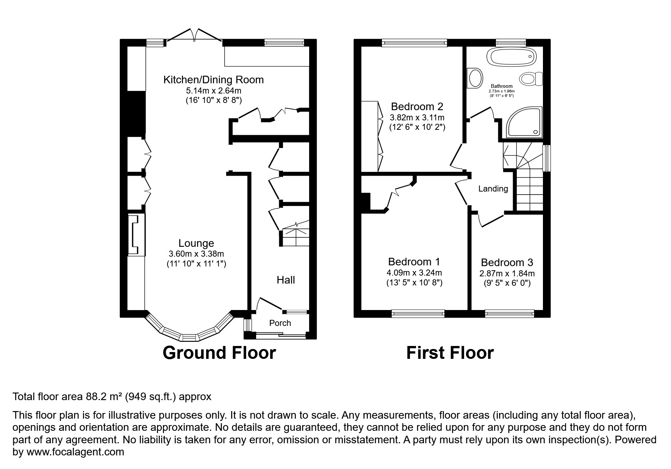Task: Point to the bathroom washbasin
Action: (475, 78)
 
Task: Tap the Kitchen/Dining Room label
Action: (213, 80)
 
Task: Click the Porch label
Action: (280, 323)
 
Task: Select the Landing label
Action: (493, 189)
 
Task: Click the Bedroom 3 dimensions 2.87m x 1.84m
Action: (507, 273)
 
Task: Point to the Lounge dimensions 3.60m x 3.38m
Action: (196, 254)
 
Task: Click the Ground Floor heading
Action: (219, 352)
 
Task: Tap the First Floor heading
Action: (450, 353)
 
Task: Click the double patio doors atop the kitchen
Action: (194, 35)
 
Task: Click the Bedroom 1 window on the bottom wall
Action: (418, 313)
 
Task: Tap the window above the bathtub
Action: (511, 43)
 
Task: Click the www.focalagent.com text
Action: (74, 452)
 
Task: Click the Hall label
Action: (286, 280)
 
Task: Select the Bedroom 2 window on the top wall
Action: (414, 43)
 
